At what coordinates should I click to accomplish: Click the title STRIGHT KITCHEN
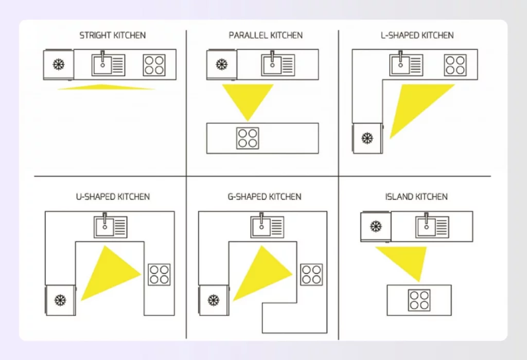[112, 36]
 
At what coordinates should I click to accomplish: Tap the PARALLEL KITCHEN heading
[266, 36]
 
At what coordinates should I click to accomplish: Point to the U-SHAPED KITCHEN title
[112, 197]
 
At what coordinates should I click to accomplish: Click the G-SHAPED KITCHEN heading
[264, 197]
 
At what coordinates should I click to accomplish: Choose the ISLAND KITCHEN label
[416, 197]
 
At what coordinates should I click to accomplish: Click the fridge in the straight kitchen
[59, 65]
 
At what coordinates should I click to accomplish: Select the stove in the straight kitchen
[154, 65]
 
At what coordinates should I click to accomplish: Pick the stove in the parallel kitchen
[248, 138]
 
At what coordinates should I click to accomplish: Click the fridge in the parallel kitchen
[222, 65]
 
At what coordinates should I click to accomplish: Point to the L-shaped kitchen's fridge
[367, 138]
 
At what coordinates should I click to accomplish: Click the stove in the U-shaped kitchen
[159, 275]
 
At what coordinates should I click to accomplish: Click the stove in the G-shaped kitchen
[311, 275]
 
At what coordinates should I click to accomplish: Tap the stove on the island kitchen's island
[419, 300]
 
